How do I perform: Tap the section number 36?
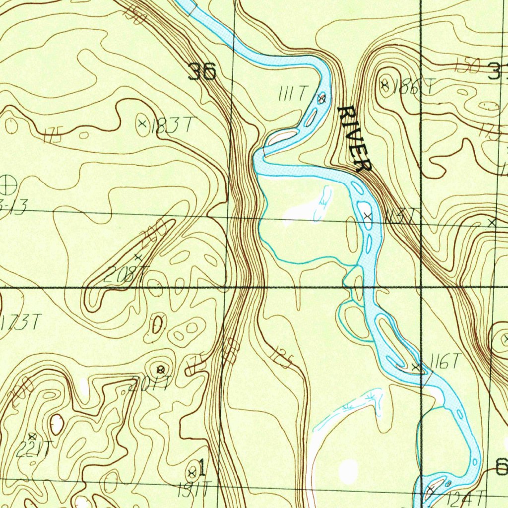[202, 72]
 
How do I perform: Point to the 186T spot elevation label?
[412, 88]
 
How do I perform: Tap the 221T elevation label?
[33, 449]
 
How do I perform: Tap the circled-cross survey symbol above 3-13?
[8, 185]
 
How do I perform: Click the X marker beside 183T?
[142, 122]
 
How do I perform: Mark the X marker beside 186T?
[384, 85]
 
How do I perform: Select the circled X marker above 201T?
[160, 369]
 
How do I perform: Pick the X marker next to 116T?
[416, 367]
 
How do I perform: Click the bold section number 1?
[201, 467]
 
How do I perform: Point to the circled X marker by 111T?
[321, 99]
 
